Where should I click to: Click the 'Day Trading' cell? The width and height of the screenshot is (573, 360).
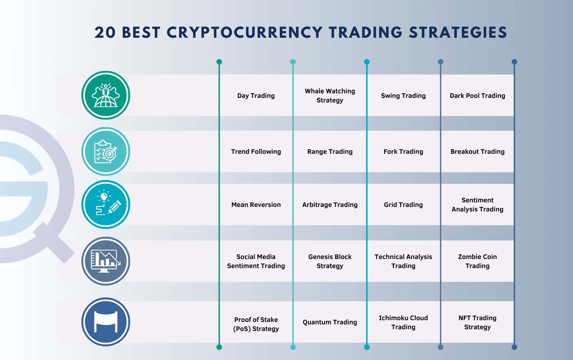(256, 96)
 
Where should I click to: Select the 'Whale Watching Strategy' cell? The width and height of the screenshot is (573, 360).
(330, 96)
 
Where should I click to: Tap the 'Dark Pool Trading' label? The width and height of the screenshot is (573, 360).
(477, 96)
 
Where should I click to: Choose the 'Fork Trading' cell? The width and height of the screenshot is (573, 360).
(403, 151)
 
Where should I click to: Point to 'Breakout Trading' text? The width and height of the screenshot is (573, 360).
(477, 151)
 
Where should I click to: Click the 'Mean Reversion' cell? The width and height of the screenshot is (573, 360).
(256, 205)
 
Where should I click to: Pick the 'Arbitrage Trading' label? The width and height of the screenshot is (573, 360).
(330, 205)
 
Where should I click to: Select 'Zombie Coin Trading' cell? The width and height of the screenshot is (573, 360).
(477, 261)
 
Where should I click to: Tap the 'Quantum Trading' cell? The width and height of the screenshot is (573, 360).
(330, 322)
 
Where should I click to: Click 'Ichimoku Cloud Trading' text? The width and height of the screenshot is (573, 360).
(403, 322)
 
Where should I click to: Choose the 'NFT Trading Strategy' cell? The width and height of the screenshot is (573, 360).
(477, 322)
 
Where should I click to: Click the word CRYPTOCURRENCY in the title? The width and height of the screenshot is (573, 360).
(245, 33)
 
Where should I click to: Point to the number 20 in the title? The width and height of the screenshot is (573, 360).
(105, 33)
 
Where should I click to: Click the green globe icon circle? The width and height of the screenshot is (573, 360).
(106, 95)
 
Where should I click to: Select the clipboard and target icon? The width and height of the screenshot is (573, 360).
(106, 151)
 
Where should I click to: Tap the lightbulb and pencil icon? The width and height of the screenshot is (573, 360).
(106, 204)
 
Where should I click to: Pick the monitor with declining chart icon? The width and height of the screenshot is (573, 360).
(106, 261)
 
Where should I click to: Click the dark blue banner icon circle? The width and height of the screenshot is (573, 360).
(106, 322)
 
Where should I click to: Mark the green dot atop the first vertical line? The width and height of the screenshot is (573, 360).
(219, 62)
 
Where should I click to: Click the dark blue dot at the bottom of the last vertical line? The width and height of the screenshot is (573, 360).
(514, 347)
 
